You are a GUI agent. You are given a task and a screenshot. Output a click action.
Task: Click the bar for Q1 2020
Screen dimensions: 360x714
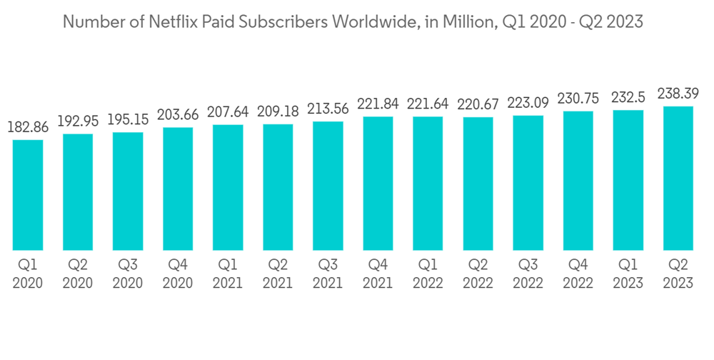28,195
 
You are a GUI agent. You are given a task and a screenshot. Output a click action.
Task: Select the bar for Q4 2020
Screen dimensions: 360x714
178,189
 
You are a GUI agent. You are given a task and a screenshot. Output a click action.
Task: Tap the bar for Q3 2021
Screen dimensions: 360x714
328,186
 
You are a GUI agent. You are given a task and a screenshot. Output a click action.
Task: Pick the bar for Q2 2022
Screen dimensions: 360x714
478,184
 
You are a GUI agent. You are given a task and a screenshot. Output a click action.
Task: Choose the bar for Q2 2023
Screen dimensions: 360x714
678,178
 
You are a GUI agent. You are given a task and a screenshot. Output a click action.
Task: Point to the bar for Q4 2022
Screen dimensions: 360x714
578,181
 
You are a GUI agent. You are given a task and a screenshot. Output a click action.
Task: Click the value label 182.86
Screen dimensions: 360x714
28,129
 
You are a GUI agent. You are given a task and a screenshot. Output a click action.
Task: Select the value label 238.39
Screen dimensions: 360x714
678,94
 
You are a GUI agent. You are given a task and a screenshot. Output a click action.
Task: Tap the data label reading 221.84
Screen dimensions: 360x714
378,105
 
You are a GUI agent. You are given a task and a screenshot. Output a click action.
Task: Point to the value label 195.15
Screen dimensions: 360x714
128,120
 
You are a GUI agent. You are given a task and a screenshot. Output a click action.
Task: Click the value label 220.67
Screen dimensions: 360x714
478,106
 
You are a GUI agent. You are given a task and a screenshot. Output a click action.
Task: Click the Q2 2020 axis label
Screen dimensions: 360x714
78,274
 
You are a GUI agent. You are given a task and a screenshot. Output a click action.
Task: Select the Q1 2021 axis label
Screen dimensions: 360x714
228,274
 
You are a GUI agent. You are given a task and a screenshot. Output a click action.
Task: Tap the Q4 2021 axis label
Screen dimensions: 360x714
378,274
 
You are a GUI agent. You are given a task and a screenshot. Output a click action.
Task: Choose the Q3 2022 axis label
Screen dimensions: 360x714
528,274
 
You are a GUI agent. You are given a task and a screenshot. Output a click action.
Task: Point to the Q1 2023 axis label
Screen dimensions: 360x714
628,274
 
